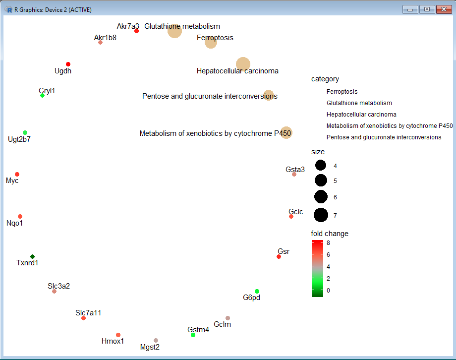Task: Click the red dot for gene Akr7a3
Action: click(136, 31)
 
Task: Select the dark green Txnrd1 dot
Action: click(32, 256)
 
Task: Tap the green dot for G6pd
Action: click(257, 291)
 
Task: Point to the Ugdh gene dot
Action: click(68, 64)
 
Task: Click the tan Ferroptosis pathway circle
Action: click(211, 43)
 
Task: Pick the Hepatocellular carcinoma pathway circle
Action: click(243, 63)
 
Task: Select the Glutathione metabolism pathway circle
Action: click(174, 31)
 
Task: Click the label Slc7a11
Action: click(88, 313)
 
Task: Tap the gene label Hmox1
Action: click(113, 341)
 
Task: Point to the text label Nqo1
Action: click(14, 223)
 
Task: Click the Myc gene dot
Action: click(17, 174)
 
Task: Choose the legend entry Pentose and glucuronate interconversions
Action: click(384, 137)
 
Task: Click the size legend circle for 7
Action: click(321, 215)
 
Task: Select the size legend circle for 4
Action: click(321, 166)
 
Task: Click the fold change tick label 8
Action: click(328, 243)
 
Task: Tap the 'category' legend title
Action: click(325, 79)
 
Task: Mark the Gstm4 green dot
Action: click(193, 335)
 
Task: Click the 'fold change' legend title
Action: click(329, 234)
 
